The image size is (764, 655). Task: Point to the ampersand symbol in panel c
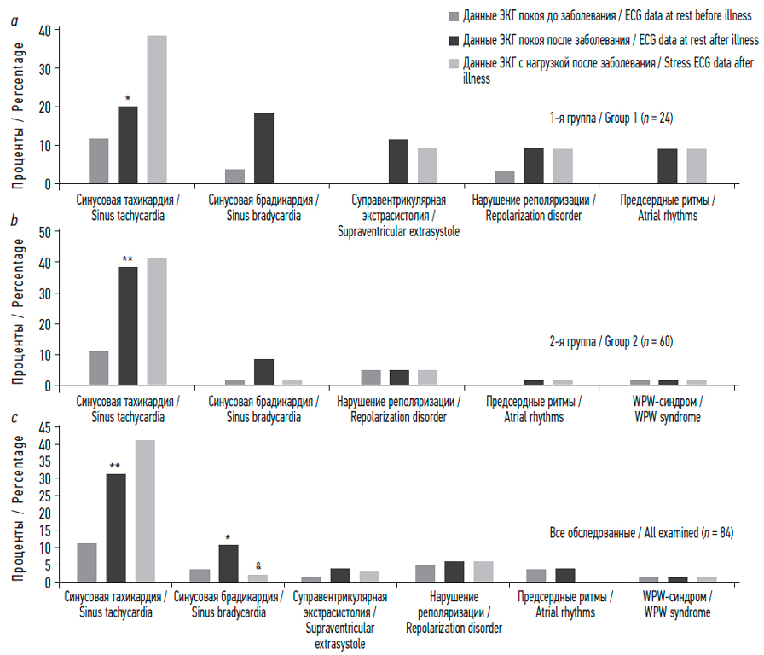pyautogui.click(x=258, y=565)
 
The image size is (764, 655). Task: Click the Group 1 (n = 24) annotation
pyautogui.click(x=611, y=119)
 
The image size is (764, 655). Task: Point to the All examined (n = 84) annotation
pyautogui.click(x=637, y=533)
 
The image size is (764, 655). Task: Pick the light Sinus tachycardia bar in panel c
pyautogui.click(x=145, y=510)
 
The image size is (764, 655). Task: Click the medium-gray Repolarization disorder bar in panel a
pyautogui.click(x=505, y=177)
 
